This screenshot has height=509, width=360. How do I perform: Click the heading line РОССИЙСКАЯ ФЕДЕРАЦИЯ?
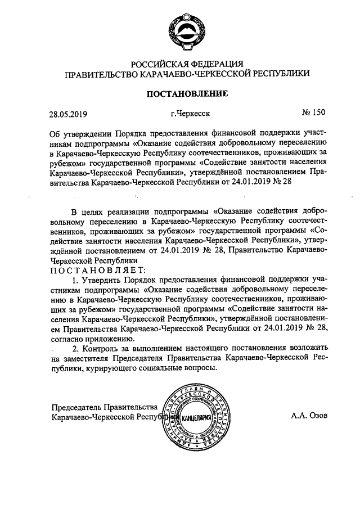(187, 63)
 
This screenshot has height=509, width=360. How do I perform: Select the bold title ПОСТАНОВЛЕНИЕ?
(187, 94)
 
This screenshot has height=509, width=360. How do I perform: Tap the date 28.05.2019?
(69, 114)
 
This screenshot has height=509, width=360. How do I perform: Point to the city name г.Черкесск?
(191, 114)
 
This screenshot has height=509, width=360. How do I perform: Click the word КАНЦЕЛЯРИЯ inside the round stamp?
(193, 417)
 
